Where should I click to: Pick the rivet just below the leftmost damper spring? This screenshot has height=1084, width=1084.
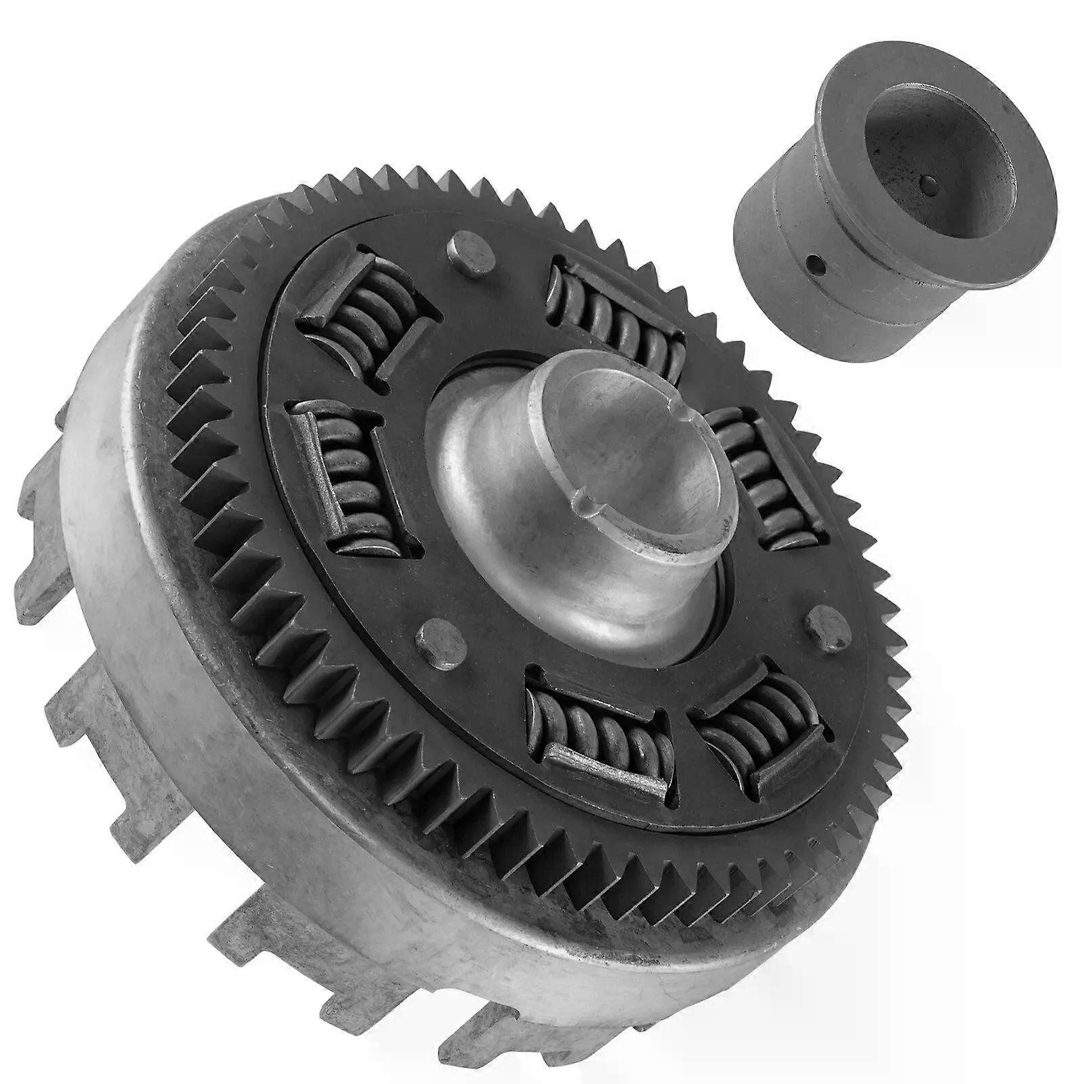430,635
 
